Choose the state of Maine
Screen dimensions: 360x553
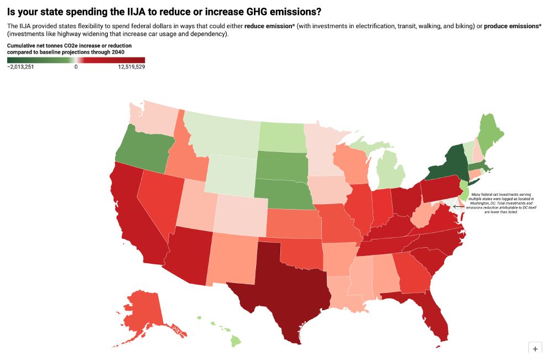click(487, 133)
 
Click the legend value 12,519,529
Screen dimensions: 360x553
click(131, 67)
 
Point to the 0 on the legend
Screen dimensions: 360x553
click(76, 67)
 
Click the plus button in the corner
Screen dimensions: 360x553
click(535, 349)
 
